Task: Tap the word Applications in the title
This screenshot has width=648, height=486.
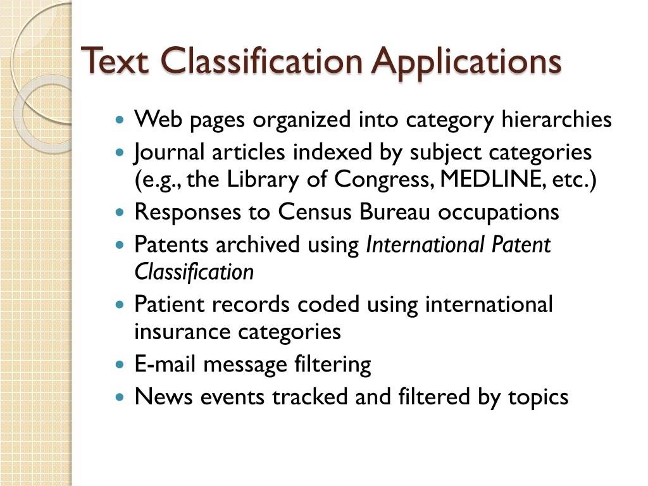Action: click(x=466, y=61)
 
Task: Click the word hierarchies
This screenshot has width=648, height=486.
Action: click(x=556, y=120)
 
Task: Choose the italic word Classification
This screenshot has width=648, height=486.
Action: click(x=194, y=272)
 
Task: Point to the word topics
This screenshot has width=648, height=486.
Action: click(x=538, y=397)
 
